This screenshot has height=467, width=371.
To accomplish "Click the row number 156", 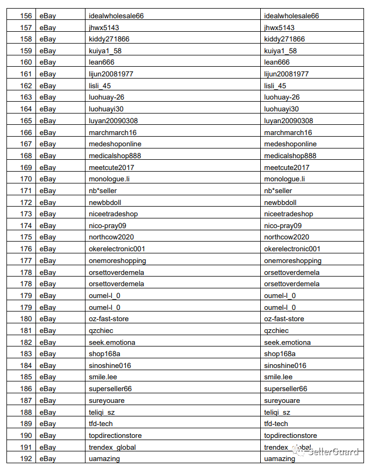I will [26, 16].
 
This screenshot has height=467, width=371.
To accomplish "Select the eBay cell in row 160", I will [47, 62].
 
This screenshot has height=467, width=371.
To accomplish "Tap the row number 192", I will [26, 459].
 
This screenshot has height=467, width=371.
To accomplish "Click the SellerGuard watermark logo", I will [327, 451].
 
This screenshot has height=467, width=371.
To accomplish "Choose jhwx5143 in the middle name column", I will [104, 27].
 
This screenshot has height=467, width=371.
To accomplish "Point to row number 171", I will [26, 191].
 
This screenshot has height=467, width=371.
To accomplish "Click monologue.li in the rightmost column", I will [284, 179].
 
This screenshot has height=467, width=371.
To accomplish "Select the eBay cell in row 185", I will [47, 377].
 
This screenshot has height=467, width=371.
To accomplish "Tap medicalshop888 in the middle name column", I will [115, 156].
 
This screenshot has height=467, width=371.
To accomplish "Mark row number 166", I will [26, 132].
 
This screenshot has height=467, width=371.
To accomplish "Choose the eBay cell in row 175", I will [47, 237].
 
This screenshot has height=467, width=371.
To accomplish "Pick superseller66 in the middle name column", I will [110, 389].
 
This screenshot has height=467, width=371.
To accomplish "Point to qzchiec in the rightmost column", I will [276, 331].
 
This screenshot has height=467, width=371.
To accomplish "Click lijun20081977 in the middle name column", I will [111, 74].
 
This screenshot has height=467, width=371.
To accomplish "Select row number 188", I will [26, 412].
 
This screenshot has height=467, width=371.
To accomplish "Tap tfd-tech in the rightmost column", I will [276, 424].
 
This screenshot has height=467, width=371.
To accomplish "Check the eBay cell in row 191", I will [47, 447].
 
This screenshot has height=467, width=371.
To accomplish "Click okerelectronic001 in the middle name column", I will [117, 249].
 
